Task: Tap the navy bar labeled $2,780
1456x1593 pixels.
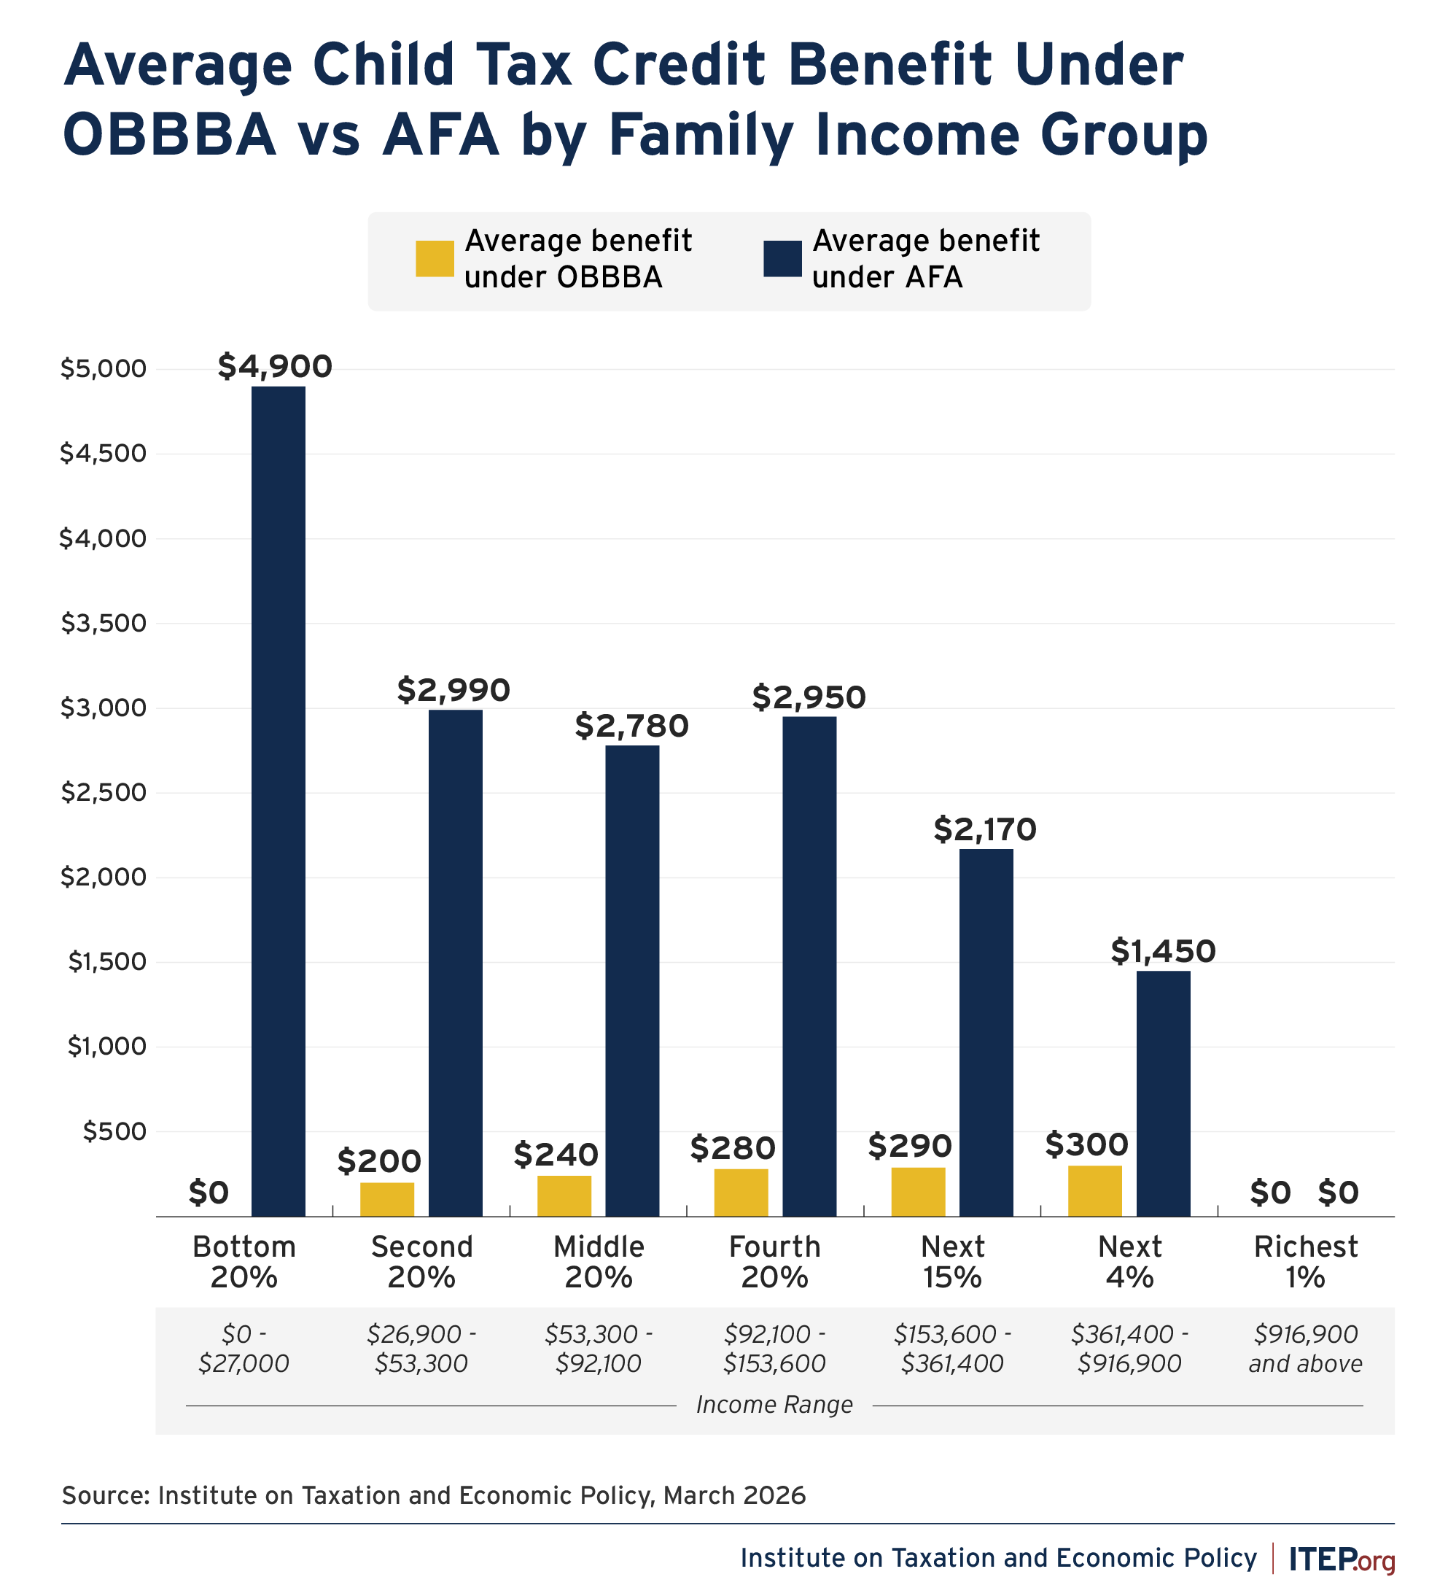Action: point(632,980)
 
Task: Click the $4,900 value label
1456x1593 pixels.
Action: point(275,367)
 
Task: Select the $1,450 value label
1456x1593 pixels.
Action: point(1163,951)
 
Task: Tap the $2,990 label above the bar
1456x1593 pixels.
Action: point(453,690)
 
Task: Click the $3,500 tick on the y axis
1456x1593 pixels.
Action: point(104,624)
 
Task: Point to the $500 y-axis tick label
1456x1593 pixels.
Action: point(114,1131)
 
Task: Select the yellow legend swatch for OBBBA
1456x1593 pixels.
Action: point(435,258)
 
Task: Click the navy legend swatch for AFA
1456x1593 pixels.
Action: point(782,258)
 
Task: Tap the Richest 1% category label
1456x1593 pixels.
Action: point(1305,1262)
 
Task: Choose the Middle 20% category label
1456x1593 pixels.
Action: point(599,1262)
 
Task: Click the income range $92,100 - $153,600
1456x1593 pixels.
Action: point(774,1349)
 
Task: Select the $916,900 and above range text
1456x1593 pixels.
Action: point(1305,1349)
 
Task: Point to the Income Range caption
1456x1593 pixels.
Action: point(774,1405)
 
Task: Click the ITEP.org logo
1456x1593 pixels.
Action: point(1342,1558)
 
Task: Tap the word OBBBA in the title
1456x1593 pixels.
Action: point(169,134)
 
